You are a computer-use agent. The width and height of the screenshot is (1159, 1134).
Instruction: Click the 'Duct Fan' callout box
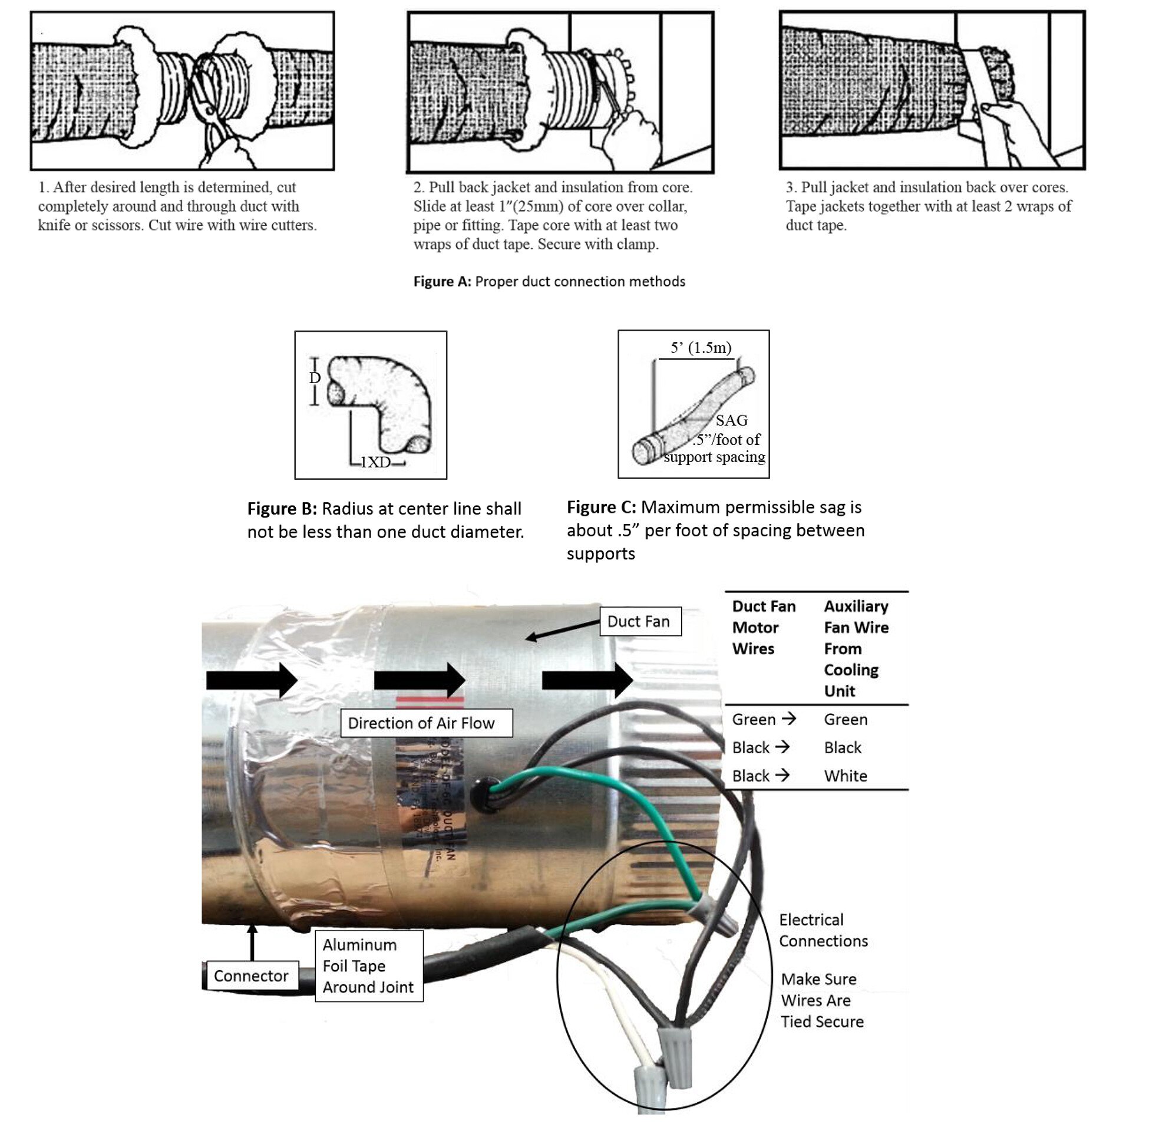[x=639, y=621]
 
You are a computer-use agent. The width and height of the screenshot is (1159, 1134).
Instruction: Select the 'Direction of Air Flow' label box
[x=425, y=723]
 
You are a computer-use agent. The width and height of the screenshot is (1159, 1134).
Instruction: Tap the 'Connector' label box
[x=250, y=975]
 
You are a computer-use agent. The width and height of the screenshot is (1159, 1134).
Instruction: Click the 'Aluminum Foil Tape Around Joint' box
[x=368, y=965]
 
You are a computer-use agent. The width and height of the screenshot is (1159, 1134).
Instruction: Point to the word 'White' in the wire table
[x=845, y=776]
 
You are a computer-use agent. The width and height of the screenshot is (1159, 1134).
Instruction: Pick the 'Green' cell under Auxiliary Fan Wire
[x=845, y=719]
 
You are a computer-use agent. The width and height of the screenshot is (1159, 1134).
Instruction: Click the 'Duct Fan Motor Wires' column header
[x=763, y=627]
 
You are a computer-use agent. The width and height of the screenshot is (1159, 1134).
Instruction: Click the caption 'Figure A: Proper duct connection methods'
[x=549, y=281]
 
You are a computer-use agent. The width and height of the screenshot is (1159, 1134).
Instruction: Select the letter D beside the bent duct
[x=315, y=378]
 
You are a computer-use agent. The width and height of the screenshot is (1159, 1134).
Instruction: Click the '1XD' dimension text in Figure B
[x=375, y=462]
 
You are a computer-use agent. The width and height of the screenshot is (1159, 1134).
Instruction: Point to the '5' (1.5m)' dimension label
[x=701, y=348]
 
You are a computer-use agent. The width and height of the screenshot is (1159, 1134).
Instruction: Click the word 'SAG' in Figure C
[x=731, y=420]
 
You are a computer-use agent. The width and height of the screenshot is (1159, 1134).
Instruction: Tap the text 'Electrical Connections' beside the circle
[x=823, y=929]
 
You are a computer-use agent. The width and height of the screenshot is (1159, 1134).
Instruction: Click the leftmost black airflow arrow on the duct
[x=252, y=680]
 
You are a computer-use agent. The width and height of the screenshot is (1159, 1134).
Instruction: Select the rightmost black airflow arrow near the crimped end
[x=587, y=680]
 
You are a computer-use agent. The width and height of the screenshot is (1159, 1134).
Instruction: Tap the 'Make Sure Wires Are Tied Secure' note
[x=821, y=1000]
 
